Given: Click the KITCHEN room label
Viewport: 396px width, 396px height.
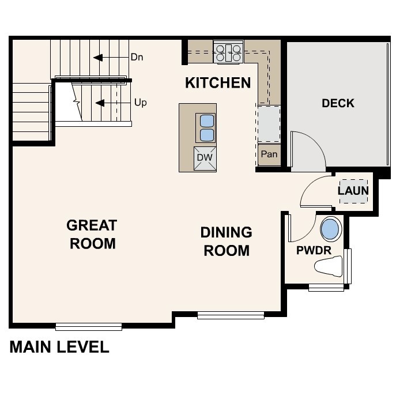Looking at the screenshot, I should (x=218, y=83).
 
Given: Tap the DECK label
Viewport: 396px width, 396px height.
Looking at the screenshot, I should (x=338, y=104).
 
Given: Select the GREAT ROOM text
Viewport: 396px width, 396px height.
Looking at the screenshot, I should (x=92, y=234).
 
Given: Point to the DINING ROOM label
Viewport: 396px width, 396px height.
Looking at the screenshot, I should (x=226, y=242).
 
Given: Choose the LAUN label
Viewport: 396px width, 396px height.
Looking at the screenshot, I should (x=353, y=191).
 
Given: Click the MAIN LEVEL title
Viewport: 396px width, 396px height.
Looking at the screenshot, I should (x=59, y=347).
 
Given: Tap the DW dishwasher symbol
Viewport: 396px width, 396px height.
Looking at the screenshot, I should (x=205, y=157).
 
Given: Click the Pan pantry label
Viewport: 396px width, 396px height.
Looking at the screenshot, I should (x=269, y=154).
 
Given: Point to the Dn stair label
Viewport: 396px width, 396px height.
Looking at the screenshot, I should (x=137, y=58).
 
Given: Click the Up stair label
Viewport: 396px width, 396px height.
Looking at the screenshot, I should (x=140, y=103).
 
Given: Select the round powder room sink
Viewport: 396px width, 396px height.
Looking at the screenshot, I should (x=330, y=230).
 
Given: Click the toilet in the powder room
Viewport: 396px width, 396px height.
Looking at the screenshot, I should (x=330, y=266).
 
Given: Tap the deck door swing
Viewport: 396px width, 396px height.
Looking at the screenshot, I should (x=309, y=152).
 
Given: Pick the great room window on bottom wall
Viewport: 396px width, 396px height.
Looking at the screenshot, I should (x=89, y=327).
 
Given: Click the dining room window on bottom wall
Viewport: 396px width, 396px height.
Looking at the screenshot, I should (x=231, y=315).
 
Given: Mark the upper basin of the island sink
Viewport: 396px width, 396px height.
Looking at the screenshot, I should (x=206, y=120).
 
